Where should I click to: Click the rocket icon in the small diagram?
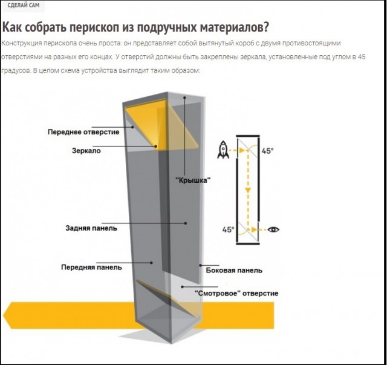[223, 150]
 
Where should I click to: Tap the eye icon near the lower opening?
[273, 229]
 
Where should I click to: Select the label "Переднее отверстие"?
[83, 132]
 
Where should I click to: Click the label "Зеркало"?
[86, 151]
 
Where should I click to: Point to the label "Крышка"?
[193, 180]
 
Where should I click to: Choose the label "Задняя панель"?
[91, 228]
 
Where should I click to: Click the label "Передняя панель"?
[91, 268]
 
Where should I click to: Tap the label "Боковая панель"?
[234, 271]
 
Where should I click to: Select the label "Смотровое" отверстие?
[236, 294]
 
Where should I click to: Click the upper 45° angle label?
[267, 151]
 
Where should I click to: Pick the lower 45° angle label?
[228, 229]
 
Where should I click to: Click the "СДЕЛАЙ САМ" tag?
[24, 5]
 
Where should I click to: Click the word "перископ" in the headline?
[95, 27]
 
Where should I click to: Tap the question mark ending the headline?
[265, 27]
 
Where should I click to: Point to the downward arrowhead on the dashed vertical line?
[248, 190]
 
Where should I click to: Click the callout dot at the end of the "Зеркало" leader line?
[156, 146]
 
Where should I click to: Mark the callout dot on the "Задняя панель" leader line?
[186, 223]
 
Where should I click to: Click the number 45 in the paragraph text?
[362, 57]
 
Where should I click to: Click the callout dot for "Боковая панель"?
[200, 265]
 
